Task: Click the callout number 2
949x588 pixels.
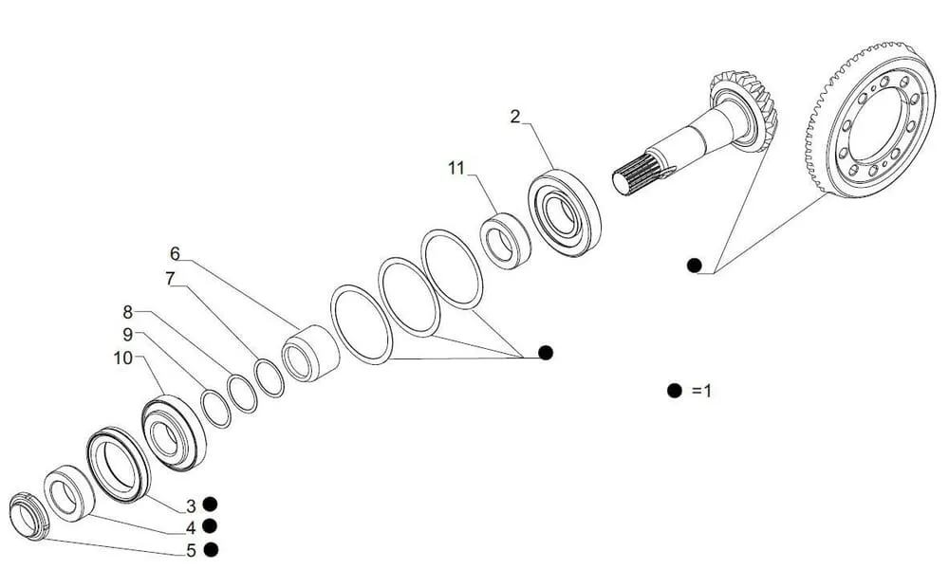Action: coord(515,116)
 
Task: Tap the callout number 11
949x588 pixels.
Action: coord(456,168)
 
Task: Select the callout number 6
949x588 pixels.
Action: coord(175,253)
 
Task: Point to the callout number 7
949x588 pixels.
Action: coord(170,278)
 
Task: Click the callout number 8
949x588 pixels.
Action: coord(128,312)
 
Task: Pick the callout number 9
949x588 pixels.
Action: coord(128,335)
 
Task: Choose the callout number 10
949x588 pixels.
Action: coord(122,358)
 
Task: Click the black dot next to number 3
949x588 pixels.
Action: coord(210,504)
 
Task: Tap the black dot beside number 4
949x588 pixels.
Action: coord(210,527)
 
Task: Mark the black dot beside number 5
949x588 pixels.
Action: coord(211,550)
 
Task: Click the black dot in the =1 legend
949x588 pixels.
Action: coord(674,391)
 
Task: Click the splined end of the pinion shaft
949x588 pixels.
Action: coord(636,173)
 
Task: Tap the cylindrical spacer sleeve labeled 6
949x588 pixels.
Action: coord(310,354)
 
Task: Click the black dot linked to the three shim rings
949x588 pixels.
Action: coord(546,353)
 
